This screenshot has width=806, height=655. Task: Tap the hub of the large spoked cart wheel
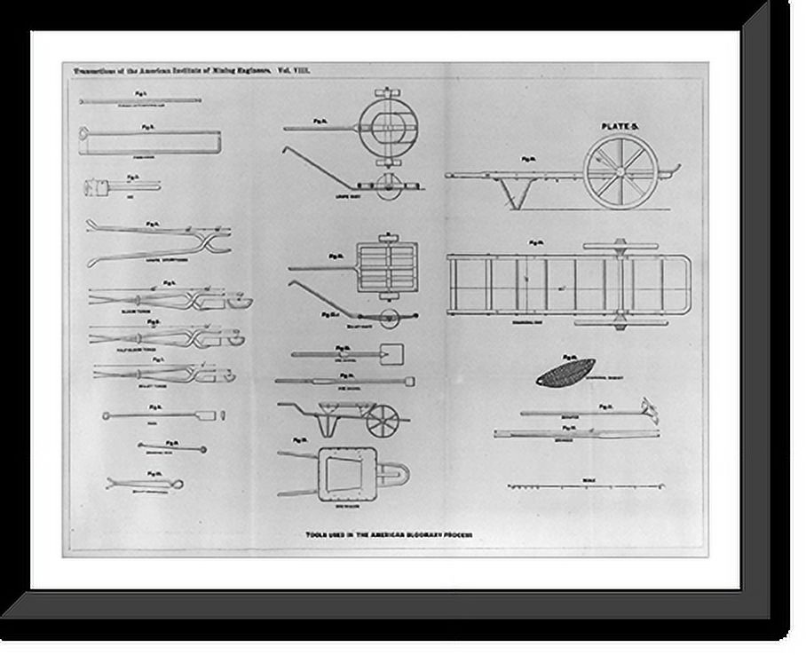point(620,172)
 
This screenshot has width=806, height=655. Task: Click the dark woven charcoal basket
point(565,372)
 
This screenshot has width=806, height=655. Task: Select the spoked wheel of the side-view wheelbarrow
point(383,420)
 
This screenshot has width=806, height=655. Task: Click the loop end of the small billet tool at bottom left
point(178,484)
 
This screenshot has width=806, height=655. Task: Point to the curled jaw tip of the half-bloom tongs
point(236,337)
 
